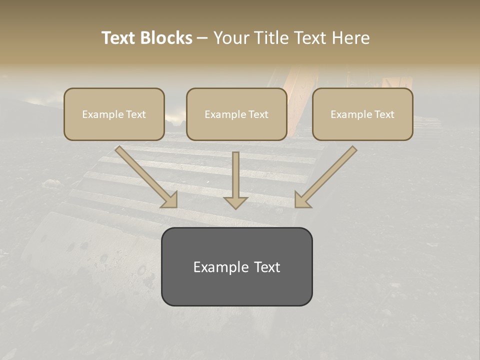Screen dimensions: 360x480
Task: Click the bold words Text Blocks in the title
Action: pyautogui.click(x=147, y=38)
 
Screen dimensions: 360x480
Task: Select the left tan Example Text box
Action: pyautogui.click(x=114, y=114)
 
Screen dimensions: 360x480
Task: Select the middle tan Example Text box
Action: pyautogui.click(x=236, y=114)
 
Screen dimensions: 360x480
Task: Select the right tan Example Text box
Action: pyautogui.click(x=362, y=114)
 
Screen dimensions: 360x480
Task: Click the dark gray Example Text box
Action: pyautogui.click(x=236, y=266)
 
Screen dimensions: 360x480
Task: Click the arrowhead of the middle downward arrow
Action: pyautogui.click(x=235, y=202)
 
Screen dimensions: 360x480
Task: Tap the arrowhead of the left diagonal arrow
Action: pyautogui.click(x=170, y=199)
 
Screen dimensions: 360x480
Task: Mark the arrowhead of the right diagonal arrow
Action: pyautogui.click(x=302, y=199)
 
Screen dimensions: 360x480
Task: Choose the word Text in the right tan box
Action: pyautogui.click(x=384, y=114)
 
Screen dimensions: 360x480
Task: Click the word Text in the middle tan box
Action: pyautogui.click(x=258, y=114)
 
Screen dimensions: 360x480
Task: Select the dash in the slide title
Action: pyautogui.click(x=202, y=38)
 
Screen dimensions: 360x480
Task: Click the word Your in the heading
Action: pyautogui.click(x=229, y=38)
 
